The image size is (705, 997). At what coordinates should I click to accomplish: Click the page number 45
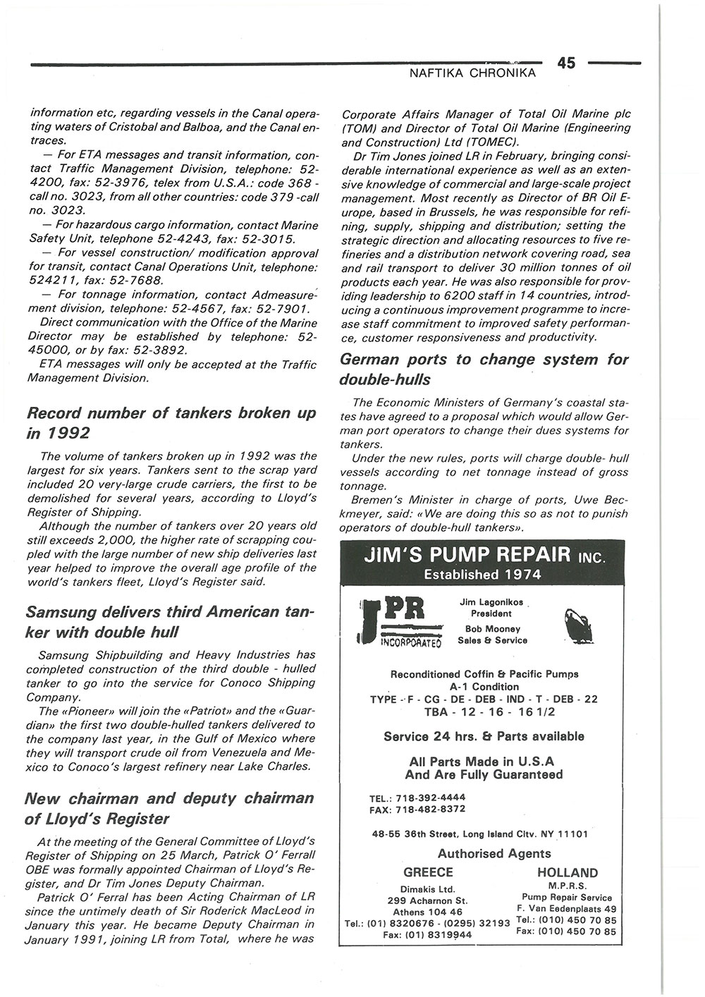click(x=566, y=63)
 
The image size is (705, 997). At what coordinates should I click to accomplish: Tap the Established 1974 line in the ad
click(x=482, y=575)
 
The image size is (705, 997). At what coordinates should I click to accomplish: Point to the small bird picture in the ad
click(x=579, y=625)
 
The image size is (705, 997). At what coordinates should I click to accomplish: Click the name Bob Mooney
click(x=492, y=629)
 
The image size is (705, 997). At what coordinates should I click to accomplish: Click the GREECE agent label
click(x=428, y=872)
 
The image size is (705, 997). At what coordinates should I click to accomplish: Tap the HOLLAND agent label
click(x=567, y=872)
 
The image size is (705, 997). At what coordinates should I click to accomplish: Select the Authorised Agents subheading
click(x=494, y=854)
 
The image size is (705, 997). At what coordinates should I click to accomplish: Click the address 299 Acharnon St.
click(x=428, y=900)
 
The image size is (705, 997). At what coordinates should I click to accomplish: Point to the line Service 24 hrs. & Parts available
click(x=484, y=736)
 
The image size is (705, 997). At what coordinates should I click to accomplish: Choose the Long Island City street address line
click(x=480, y=834)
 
